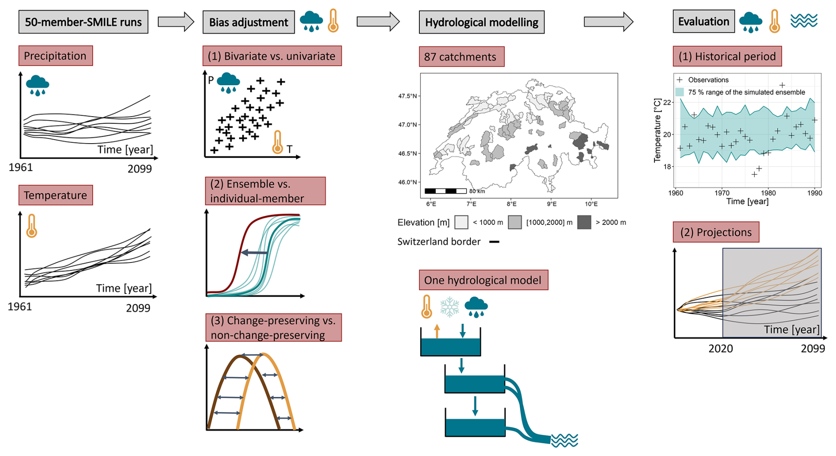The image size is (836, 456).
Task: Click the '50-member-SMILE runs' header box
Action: pyautogui.click(x=83, y=22)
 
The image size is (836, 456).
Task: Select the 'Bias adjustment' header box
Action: pyautogui.click(x=248, y=23)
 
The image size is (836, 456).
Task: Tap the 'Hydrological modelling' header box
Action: pyautogui.click(x=481, y=23)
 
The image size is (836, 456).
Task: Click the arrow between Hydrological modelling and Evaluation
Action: pyautogui.click(x=608, y=21)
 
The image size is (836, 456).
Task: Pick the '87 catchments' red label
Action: pyautogui.click(x=461, y=57)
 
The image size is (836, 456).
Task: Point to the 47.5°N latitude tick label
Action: pyautogui.click(x=407, y=96)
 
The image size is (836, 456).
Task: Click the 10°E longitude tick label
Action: pyautogui.click(x=591, y=204)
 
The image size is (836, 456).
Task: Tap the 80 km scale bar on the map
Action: pyautogui.click(x=445, y=191)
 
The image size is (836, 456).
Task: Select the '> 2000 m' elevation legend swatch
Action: pyautogui.click(x=584, y=222)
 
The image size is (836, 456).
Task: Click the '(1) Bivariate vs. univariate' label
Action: pyautogui.click(x=271, y=57)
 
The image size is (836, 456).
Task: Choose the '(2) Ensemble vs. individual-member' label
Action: pyautogui.click(x=265, y=191)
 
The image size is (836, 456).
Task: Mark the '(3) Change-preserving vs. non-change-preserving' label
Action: pyautogui.click(x=273, y=327)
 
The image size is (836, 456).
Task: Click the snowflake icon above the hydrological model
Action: pyautogui.click(x=449, y=307)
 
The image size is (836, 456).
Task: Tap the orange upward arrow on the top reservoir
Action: pyautogui.click(x=437, y=331)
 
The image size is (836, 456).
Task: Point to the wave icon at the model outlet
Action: pyautogui.click(x=564, y=440)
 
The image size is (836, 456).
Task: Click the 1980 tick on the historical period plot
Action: pyautogui.click(x=768, y=193)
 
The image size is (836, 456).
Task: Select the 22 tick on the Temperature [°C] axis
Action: pyautogui.click(x=667, y=103)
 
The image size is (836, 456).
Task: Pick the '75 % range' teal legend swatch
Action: pyautogui.click(x=680, y=92)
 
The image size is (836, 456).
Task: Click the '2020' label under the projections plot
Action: pyautogui.click(x=721, y=349)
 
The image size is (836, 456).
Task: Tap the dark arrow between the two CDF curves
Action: pyautogui.click(x=255, y=253)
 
